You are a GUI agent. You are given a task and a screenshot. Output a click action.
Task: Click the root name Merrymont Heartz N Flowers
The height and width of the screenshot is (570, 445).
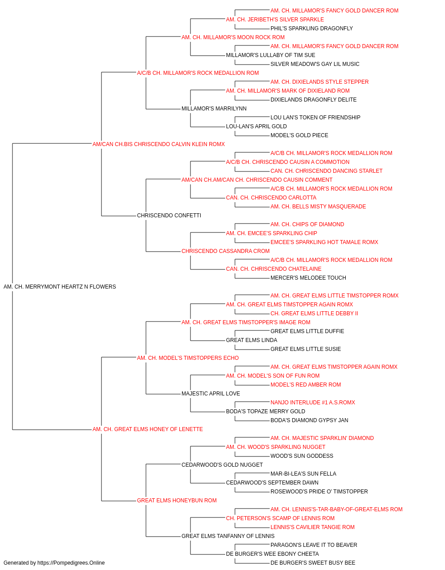pyautogui.click(x=60, y=287)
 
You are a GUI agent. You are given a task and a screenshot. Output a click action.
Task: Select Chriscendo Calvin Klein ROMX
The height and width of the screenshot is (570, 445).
pyautogui.click(x=158, y=144)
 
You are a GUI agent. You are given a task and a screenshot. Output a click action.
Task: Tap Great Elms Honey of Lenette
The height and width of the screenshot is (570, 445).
pyautogui.click(x=148, y=429)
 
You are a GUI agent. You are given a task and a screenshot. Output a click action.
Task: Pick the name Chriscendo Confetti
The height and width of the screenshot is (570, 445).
pyautogui.click(x=169, y=216)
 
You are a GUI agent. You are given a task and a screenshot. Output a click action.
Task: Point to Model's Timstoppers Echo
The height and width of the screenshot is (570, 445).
pyautogui.click(x=188, y=358)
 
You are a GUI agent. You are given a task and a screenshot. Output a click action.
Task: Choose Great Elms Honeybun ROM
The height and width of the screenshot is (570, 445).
pyautogui.click(x=177, y=501)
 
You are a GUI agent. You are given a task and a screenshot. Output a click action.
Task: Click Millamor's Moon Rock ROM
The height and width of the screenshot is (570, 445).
pyautogui.click(x=233, y=37)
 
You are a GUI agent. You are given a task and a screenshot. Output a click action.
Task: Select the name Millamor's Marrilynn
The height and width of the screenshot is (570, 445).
pyautogui.click(x=214, y=109)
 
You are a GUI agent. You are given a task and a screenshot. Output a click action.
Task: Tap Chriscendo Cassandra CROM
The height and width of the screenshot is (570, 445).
pyautogui.click(x=225, y=251)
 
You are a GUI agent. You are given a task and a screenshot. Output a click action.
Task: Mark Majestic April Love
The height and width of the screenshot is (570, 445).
pyautogui.click(x=210, y=394)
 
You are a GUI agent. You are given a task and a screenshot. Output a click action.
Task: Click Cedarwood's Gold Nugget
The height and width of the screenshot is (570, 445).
pyautogui.click(x=222, y=465)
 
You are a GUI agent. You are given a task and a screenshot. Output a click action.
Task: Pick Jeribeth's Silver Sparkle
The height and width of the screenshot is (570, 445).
pyautogui.click(x=275, y=20)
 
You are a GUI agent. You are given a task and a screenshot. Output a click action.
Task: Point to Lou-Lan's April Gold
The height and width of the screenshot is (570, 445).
pyautogui.click(x=256, y=126)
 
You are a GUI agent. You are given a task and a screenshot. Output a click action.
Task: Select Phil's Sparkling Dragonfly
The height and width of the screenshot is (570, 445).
pyautogui.click(x=311, y=28)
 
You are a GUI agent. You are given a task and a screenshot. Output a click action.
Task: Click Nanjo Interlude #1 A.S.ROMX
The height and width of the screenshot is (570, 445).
pyautogui.click(x=313, y=403)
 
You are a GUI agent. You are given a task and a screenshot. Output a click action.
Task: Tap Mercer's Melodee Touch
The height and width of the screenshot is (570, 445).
pyautogui.click(x=308, y=278)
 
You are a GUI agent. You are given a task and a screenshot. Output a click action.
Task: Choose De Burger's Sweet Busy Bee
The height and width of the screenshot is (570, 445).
pyautogui.click(x=313, y=563)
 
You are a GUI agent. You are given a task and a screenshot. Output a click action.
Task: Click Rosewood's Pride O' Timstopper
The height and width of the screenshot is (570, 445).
pyautogui.click(x=319, y=492)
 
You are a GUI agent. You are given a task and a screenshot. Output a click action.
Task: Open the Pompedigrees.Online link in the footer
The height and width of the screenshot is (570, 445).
pyautogui.click(x=71, y=563)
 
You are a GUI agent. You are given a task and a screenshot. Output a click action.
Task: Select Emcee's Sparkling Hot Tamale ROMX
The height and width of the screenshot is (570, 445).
pyautogui.click(x=324, y=242)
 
